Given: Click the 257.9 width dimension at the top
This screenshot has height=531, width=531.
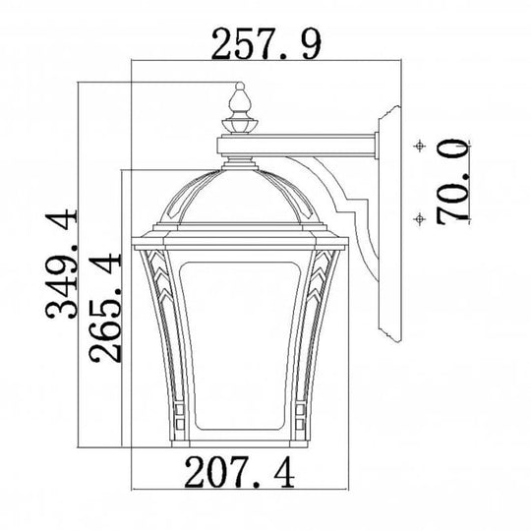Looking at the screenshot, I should click(x=267, y=41).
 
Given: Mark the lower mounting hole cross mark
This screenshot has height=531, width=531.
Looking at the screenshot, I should click(x=420, y=217).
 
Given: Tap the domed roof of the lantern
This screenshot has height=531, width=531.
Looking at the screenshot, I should click(x=239, y=197).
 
